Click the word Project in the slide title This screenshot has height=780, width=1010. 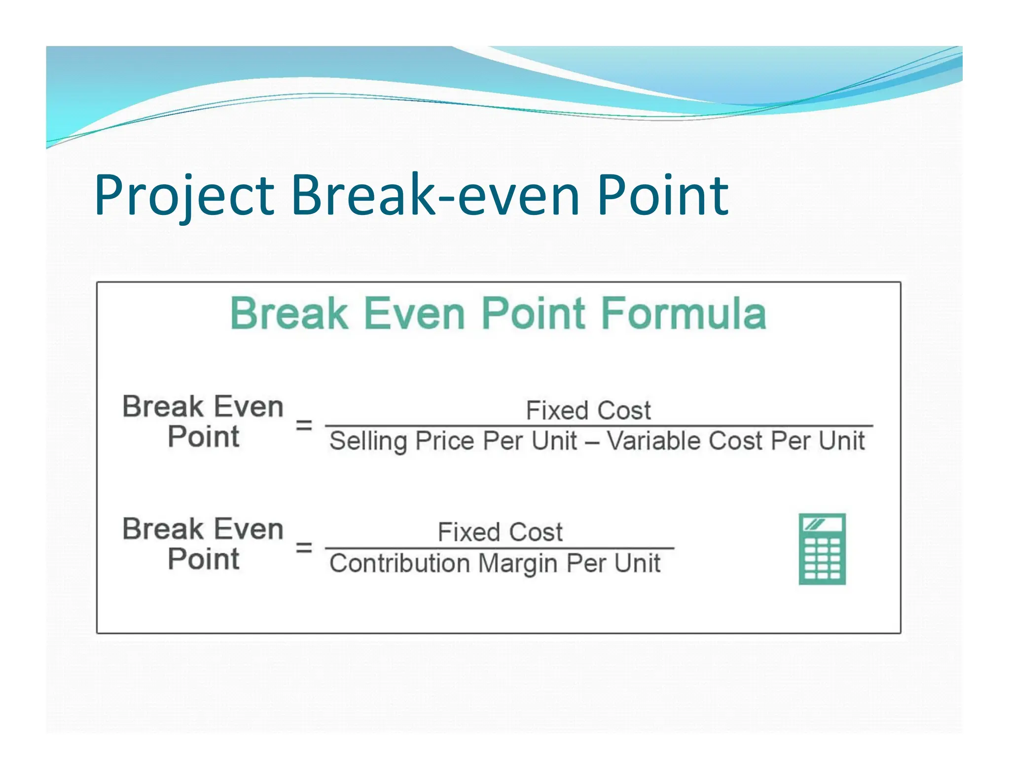point(184,196)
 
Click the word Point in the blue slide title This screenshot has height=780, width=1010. point(662,196)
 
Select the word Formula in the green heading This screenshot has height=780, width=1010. point(684,314)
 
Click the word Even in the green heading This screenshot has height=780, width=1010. point(414,314)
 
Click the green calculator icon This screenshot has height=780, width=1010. point(822,549)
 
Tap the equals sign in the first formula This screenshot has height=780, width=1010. point(304,425)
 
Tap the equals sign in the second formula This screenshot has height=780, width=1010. point(304,547)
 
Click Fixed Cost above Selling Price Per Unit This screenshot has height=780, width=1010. point(588,410)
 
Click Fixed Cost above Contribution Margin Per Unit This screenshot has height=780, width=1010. point(500,532)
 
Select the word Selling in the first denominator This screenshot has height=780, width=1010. point(368,441)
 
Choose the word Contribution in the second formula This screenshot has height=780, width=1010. point(399,563)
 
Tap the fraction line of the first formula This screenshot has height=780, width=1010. point(599,425)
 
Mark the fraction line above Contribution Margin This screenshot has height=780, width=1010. point(499,548)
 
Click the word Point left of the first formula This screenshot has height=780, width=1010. point(203,437)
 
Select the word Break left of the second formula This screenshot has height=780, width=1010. point(163,529)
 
